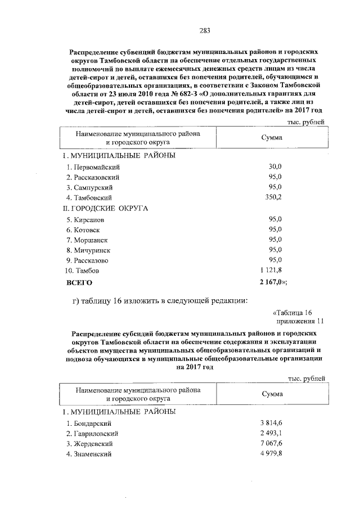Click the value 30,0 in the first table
273,167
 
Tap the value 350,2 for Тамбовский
272,197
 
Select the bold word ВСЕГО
79,282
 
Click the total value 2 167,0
272,282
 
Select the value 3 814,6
271,423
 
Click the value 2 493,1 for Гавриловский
271,433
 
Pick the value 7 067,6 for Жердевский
271,444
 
